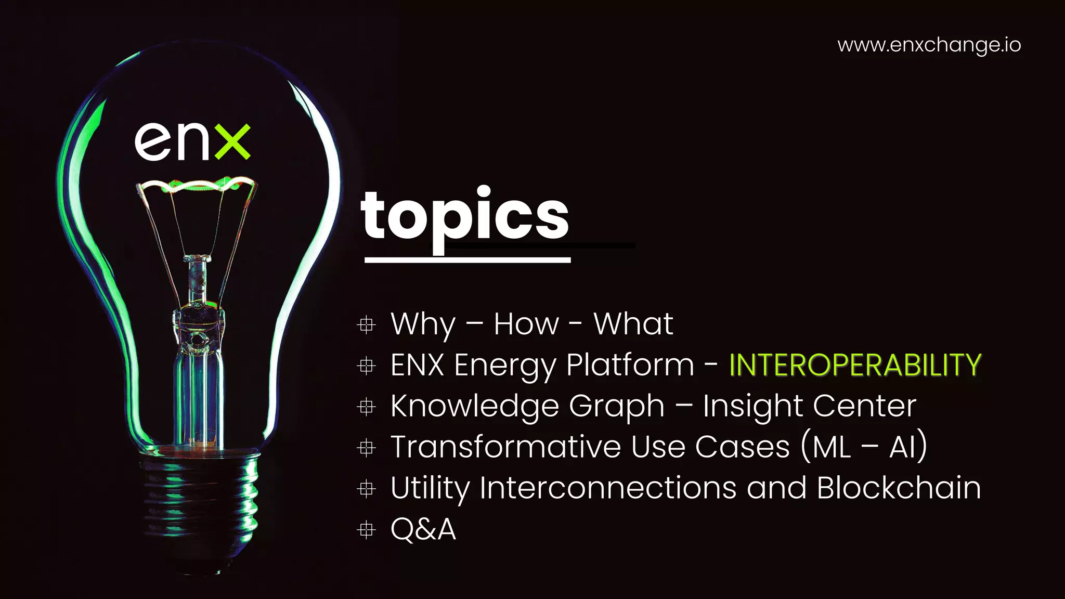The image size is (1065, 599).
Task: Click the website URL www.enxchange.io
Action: tap(929, 45)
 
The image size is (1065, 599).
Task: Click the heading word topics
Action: tap(465, 216)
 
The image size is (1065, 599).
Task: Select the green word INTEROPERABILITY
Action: tap(855, 365)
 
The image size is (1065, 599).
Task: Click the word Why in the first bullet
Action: tap(423, 324)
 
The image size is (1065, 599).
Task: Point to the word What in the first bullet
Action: tap(633, 324)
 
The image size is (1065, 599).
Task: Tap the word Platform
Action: tap(630, 365)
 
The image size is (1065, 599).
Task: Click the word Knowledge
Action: tap(475, 406)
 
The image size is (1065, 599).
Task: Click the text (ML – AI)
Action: tap(864, 447)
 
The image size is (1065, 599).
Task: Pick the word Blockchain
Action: tap(899, 488)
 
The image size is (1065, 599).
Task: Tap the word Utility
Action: tap(430, 489)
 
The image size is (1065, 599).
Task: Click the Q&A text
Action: tap(423, 529)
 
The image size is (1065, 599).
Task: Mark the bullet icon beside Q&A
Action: tap(367, 530)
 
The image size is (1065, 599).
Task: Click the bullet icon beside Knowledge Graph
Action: tap(367, 407)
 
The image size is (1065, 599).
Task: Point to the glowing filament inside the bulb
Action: tap(197, 185)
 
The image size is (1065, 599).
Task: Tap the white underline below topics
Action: tap(467, 259)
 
